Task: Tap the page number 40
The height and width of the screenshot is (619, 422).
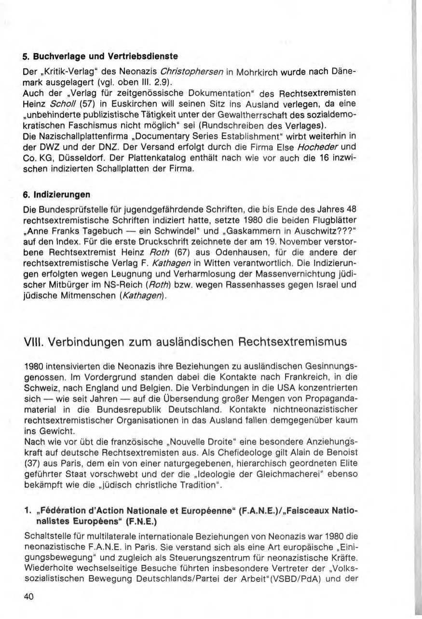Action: (x=29, y=596)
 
